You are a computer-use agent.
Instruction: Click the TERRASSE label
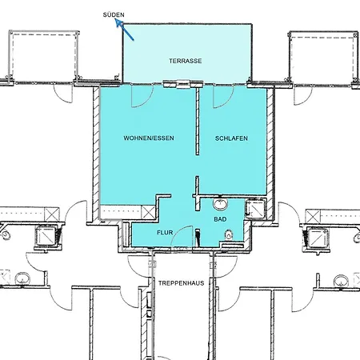tap(186, 61)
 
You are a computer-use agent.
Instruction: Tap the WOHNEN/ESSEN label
tap(149, 138)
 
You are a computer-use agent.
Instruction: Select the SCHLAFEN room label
tap(231, 138)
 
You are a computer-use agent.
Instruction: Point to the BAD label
tap(220, 219)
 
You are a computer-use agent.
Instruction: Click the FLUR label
tap(165, 233)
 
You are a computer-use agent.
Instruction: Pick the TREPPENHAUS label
tap(182, 283)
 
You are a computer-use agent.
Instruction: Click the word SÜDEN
tap(114, 15)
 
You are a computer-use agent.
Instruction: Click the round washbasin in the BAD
tap(220, 204)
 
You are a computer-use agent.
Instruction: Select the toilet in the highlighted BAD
tap(229, 235)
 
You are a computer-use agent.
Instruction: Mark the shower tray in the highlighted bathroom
tap(255, 209)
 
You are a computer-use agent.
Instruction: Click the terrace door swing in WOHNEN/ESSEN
tap(142, 97)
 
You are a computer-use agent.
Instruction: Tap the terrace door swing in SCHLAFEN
tap(223, 97)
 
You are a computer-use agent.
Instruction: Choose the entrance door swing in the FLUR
tap(182, 237)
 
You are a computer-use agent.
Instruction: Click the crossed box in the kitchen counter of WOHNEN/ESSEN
tap(148, 212)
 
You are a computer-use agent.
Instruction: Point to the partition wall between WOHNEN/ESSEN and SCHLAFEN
tap(198, 121)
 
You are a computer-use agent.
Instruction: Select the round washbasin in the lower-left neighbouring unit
tap(22, 278)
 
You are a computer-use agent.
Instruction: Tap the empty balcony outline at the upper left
tap(44, 57)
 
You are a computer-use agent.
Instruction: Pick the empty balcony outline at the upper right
tap(323, 58)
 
